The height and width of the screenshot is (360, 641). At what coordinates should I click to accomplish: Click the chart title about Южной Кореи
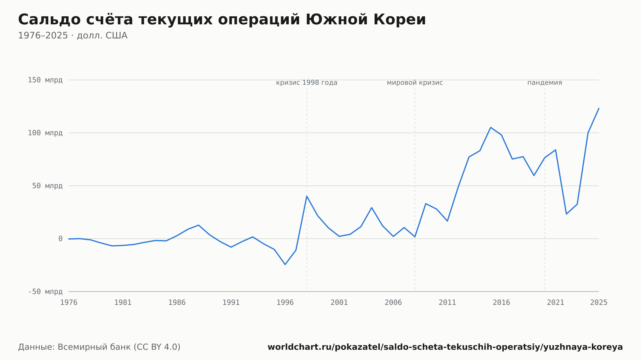coord(222,20)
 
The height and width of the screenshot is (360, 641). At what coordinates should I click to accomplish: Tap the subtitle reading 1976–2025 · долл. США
coord(73,36)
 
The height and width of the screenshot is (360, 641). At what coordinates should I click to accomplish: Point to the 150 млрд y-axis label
coord(45,80)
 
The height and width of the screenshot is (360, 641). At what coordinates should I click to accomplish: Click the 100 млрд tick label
coord(45,133)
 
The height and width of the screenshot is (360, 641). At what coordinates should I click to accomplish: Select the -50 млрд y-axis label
coord(45,291)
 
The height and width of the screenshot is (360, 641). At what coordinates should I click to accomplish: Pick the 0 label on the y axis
coord(60,239)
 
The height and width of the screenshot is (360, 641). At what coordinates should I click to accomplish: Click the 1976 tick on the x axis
coord(69,303)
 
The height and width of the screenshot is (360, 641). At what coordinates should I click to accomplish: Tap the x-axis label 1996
coord(285,303)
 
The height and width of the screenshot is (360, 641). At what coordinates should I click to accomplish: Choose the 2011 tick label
coord(447,303)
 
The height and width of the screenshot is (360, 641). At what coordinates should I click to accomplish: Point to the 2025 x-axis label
coord(599,303)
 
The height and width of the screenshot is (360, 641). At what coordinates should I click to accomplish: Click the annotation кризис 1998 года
coord(307,83)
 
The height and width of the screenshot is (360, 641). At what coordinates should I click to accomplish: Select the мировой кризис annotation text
coord(415,83)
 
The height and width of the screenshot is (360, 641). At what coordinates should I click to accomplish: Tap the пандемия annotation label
coord(545,83)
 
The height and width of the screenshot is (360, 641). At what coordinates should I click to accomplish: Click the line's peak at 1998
coord(307,196)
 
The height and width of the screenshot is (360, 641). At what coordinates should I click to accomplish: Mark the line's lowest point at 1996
coord(285,265)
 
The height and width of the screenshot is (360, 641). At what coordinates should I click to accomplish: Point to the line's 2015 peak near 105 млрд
coord(491,127)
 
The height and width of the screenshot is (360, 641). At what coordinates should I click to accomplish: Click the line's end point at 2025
coord(599,108)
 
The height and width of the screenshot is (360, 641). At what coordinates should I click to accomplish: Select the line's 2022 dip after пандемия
coord(566,214)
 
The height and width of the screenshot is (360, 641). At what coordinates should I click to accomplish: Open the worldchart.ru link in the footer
coord(445,347)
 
